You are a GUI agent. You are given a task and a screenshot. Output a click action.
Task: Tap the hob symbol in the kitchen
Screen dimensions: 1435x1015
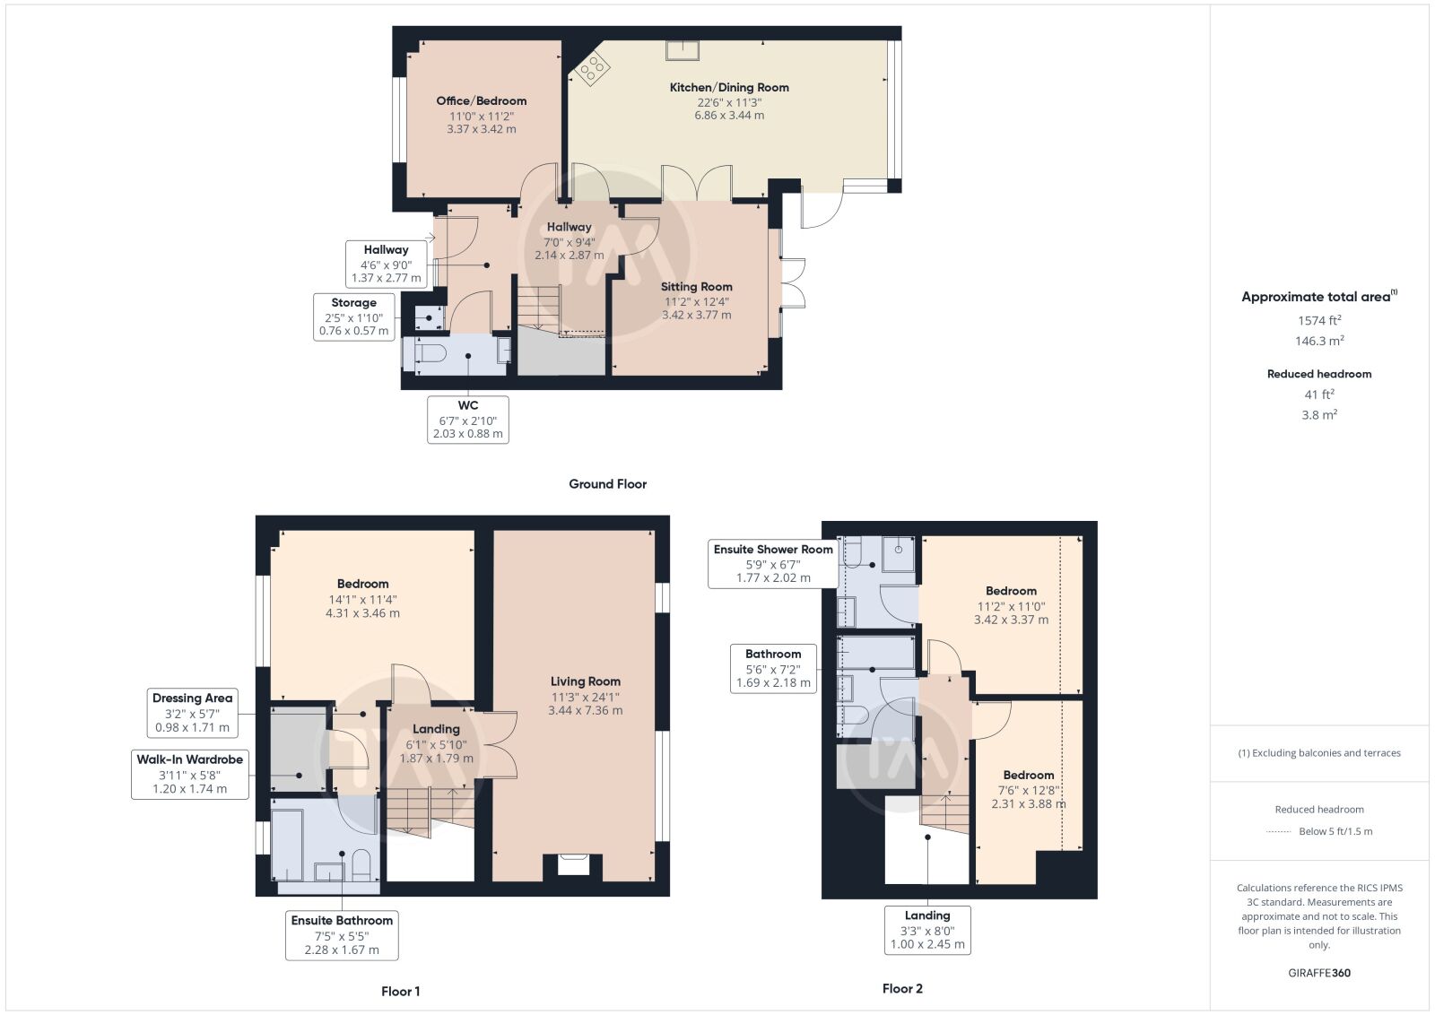pos(593,67)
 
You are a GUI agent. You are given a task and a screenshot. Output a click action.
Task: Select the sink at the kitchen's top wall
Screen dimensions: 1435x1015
pos(683,50)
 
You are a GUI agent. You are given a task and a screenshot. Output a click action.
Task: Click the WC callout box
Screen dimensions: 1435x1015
pos(468,420)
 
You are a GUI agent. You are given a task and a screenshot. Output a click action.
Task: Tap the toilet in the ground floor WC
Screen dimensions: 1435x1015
pos(430,353)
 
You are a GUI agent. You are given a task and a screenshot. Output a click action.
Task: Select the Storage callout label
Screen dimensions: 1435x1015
pos(353,317)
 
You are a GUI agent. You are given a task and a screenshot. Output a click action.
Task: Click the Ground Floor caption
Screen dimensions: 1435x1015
pos(607,484)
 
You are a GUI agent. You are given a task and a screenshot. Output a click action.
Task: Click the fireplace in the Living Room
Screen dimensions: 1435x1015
pos(573,864)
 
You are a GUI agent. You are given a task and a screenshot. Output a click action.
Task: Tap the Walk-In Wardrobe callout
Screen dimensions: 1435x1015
pos(189,774)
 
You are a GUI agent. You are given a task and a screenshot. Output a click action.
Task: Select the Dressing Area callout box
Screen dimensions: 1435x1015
pos(192,713)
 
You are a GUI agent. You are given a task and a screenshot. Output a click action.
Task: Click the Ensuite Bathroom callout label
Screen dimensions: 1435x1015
pos(342,935)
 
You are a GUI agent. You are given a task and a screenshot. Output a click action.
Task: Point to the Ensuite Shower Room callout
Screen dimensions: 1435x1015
pos(773,563)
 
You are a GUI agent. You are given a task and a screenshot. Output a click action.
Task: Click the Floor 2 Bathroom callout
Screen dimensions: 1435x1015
pos(773,669)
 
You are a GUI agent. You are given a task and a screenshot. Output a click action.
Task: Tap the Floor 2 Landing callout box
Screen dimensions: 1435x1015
pos(927,930)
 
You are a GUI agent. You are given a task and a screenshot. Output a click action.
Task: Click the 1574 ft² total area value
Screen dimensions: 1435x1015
pos(1319,320)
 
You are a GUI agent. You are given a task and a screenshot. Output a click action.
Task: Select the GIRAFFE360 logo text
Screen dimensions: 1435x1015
pos(1319,973)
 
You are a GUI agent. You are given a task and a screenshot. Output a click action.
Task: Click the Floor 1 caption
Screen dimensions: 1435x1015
pos(400,992)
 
